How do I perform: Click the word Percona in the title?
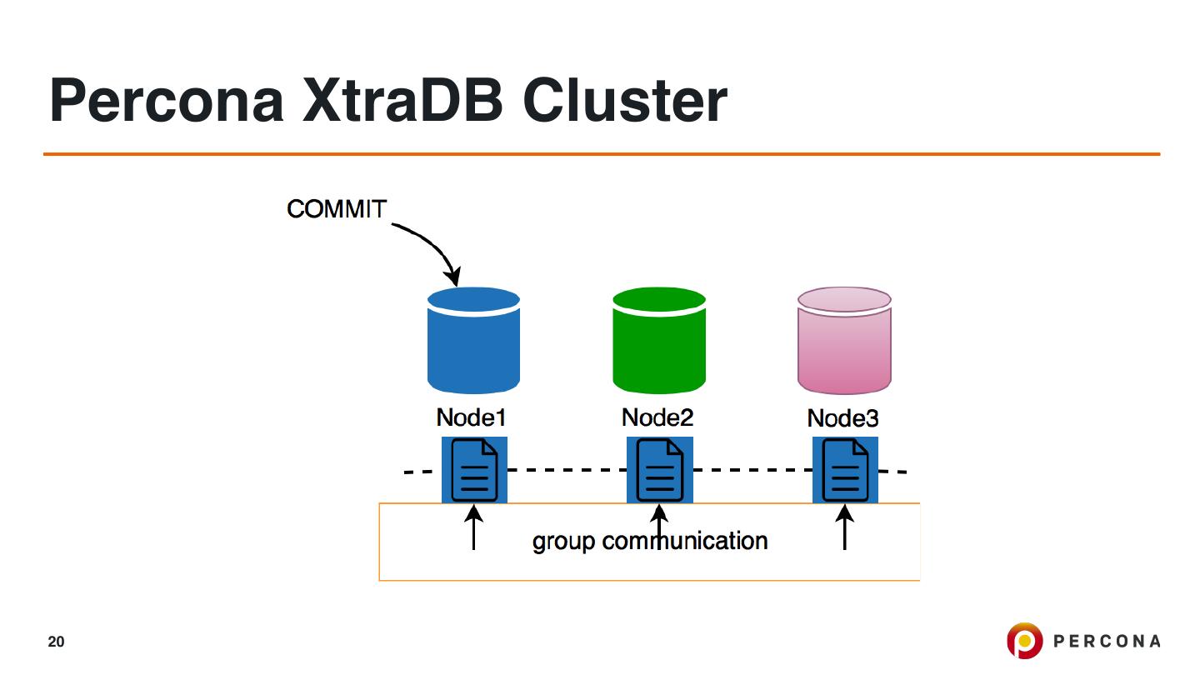(166, 101)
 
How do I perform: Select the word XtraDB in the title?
(402, 101)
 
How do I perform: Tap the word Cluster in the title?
(624, 101)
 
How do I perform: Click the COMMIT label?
(337, 209)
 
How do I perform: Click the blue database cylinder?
(473, 340)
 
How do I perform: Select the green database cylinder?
(659, 340)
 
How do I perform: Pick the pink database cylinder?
(844, 340)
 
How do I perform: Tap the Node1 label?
(471, 417)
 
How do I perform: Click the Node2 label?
(657, 417)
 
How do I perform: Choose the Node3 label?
(842, 418)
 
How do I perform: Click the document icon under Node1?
(474, 470)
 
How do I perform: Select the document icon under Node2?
(659, 470)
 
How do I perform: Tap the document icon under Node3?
(845, 470)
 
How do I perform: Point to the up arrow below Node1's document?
(473, 527)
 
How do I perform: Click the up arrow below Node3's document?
(845, 527)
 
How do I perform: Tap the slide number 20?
(56, 642)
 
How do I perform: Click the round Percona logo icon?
(1024, 640)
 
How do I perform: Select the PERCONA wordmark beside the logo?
(1107, 642)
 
